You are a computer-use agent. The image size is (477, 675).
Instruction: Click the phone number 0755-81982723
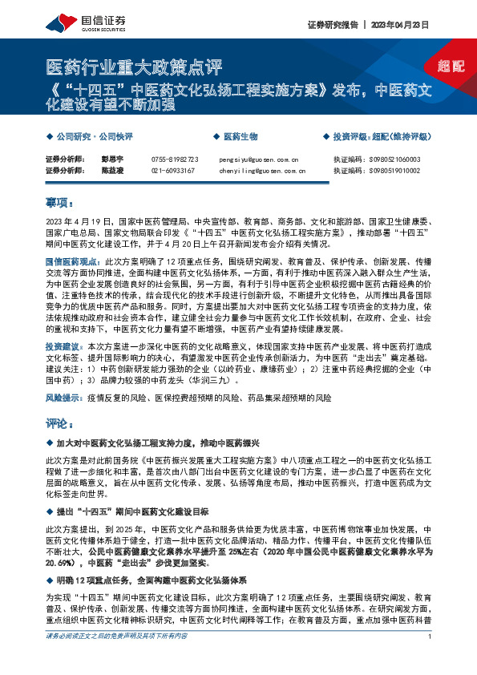[175, 160]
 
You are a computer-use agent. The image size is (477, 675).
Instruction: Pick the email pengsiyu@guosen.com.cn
[258, 160]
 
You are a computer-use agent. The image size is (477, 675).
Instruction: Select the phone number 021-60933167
[172, 171]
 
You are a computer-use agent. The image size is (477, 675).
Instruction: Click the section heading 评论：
[60, 422]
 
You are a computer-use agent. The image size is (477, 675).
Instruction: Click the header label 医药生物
[241, 137]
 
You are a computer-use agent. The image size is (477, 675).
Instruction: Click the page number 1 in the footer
[431, 658]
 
